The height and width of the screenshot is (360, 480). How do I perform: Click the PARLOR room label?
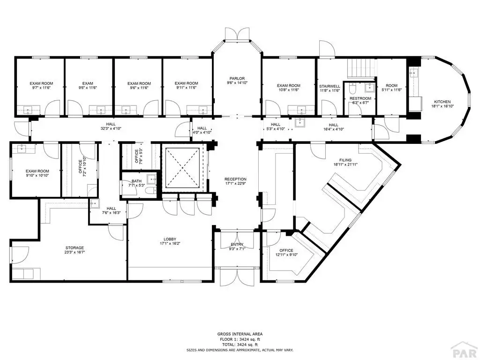click(238, 79)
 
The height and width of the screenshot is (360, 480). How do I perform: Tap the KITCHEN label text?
click(442, 102)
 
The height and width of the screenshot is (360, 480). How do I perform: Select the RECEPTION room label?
click(235, 179)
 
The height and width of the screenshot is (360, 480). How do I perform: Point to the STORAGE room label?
click(75, 247)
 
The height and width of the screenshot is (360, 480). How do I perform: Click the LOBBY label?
click(170, 239)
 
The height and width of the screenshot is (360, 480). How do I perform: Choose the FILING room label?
click(345, 160)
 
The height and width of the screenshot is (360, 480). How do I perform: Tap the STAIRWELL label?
click(330, 86)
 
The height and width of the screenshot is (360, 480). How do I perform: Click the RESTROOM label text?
click(360, 98)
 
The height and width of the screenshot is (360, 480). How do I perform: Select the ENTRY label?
click(237, 245)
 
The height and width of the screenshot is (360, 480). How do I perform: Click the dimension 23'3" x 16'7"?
click(75, 252)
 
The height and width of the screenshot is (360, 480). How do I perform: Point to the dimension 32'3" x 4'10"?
click(111, 128)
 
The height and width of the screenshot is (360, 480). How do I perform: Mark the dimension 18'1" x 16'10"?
click(442, 106)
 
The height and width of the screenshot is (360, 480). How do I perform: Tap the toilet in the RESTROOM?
click(352, 89)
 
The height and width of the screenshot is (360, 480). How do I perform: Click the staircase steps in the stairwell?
click(361, 68)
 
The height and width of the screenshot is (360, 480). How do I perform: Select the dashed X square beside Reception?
click(182, 168)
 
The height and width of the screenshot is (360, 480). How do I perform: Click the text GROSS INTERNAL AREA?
click(240, 334)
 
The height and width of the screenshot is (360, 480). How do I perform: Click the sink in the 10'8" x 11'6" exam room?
click(301, 109)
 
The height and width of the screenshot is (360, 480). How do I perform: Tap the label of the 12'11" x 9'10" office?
click(286, 250)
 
